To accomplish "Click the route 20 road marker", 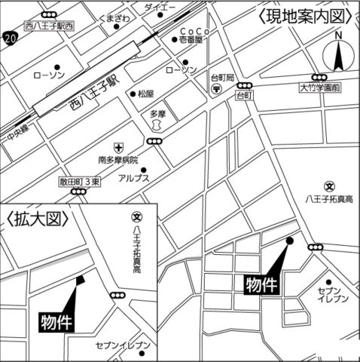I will point(9,36).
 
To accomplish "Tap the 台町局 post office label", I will point(223,78).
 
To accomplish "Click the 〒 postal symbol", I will point(217,89).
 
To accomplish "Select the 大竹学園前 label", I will point(319,88).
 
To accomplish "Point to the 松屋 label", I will point(145,94).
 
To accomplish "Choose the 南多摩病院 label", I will point(118,160).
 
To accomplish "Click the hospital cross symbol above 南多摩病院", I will point(118,147).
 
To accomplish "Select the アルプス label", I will point(133,178).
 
